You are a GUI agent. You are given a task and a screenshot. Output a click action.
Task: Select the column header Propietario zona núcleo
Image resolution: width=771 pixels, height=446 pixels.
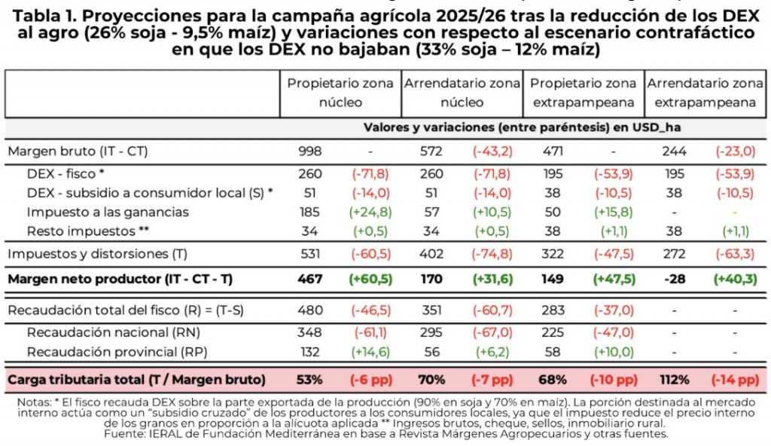click(340, 93)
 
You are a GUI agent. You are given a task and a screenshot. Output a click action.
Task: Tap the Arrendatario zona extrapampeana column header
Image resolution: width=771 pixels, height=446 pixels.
click(705, 93)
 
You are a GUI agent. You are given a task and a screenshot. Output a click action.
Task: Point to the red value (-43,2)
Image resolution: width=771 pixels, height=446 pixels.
click(493, 151)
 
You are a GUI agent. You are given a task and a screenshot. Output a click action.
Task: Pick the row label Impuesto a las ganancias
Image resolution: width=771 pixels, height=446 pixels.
click(108, 212)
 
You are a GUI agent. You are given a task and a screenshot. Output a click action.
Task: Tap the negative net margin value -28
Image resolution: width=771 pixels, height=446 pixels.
click(674, 280)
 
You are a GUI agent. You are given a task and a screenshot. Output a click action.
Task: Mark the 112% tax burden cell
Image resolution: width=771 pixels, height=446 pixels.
click(674, 379)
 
